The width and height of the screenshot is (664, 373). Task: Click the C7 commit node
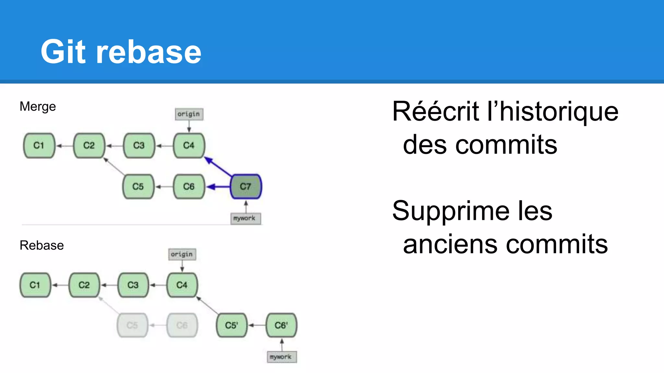pyautogui.click(x=246, y=186)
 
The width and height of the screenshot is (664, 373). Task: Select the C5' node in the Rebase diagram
pyautogui.click(x=231, y=325)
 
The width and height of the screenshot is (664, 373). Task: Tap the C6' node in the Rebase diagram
pyautogui.click(x=281, y=325)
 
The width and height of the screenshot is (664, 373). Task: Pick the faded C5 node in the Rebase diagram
pyautogui.click(x=132, y=325)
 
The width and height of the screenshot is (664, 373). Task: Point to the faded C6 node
pyautogui.click(x=182, y=325)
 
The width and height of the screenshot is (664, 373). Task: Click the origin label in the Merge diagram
pyautogui.click(x=189, y=114)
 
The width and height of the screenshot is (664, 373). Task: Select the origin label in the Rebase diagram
pyautogui.click(x=182, y=254)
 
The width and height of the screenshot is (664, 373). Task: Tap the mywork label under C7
pyautogui.click(x=245, y=218)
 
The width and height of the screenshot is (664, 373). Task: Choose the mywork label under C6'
pyautogui.click(x=281, y=357)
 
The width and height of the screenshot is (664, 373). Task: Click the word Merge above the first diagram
pyautogui.click(x=38, y=107)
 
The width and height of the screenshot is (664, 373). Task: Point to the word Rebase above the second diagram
pyautogui.click(x=41, y=245)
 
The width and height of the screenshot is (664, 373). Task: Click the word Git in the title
pyautogui.click(x=63, y=52)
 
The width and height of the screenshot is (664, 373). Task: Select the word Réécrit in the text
pyautogui.click(x=435, y=111)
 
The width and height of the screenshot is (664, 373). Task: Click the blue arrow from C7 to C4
pyautogui.click(x=218, y=166)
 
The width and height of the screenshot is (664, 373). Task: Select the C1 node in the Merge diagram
pyautogui.click(x=39, y=145)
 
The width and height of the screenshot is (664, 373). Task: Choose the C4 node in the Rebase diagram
pyautogui.click(x=182, y=285)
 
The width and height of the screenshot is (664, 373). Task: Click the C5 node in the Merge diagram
pyautogui.click(x=138, y=186)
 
